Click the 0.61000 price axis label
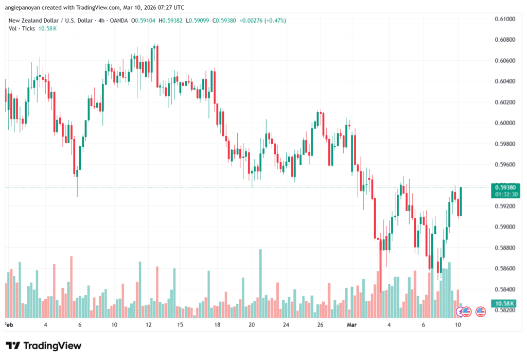504,19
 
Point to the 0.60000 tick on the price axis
504,123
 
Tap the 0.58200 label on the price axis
504,310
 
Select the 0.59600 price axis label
504,165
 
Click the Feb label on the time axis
8,325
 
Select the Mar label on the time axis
351,325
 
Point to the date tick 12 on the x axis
149,325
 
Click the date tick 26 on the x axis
320,325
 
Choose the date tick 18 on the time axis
218,325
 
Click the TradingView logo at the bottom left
44,346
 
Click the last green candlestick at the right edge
461,201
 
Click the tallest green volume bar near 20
260,283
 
